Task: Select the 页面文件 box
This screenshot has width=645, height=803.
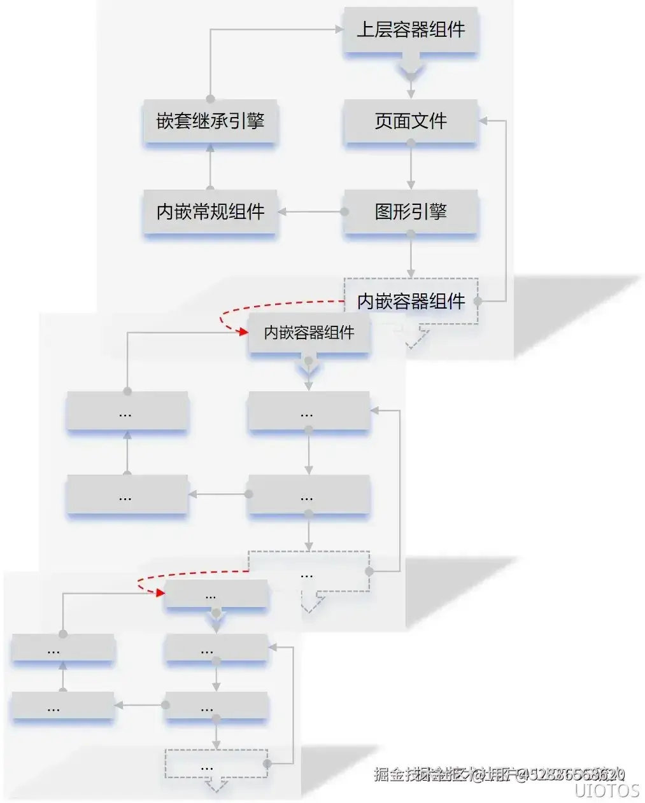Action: pyautogui.click(x=411, y=121)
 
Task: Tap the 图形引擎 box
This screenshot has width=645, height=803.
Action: pyautogui.click(x=411, y=212)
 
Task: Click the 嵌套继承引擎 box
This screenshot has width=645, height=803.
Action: pyautogui.click(x=210, y=121)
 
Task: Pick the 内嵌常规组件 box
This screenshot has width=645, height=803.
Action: pyautogui.click(x=210, y=212)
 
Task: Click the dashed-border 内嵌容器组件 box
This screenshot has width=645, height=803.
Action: pyautogui.click(x=411, y=301)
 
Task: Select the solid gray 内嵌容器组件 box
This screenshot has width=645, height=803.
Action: pyautogui.click(x=309, y=333)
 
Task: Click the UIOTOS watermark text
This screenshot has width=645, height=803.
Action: pyautogui.click(x=606, y=790)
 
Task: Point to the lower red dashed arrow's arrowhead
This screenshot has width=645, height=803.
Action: pyautogui.click(x=159, y=593)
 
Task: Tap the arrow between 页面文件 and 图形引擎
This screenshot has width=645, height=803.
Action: pyautogui.click(x=411, y=167)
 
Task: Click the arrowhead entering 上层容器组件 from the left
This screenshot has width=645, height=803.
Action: pyautogui.click(x=339, y=29)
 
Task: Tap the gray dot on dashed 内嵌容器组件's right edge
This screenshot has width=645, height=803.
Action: pyautogui.click(x=478, y=301)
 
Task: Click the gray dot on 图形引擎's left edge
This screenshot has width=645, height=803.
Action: pyautogui.click(x=344, y=212)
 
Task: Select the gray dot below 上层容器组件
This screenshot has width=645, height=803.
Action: pyautogui.click(x=411, y=77)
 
